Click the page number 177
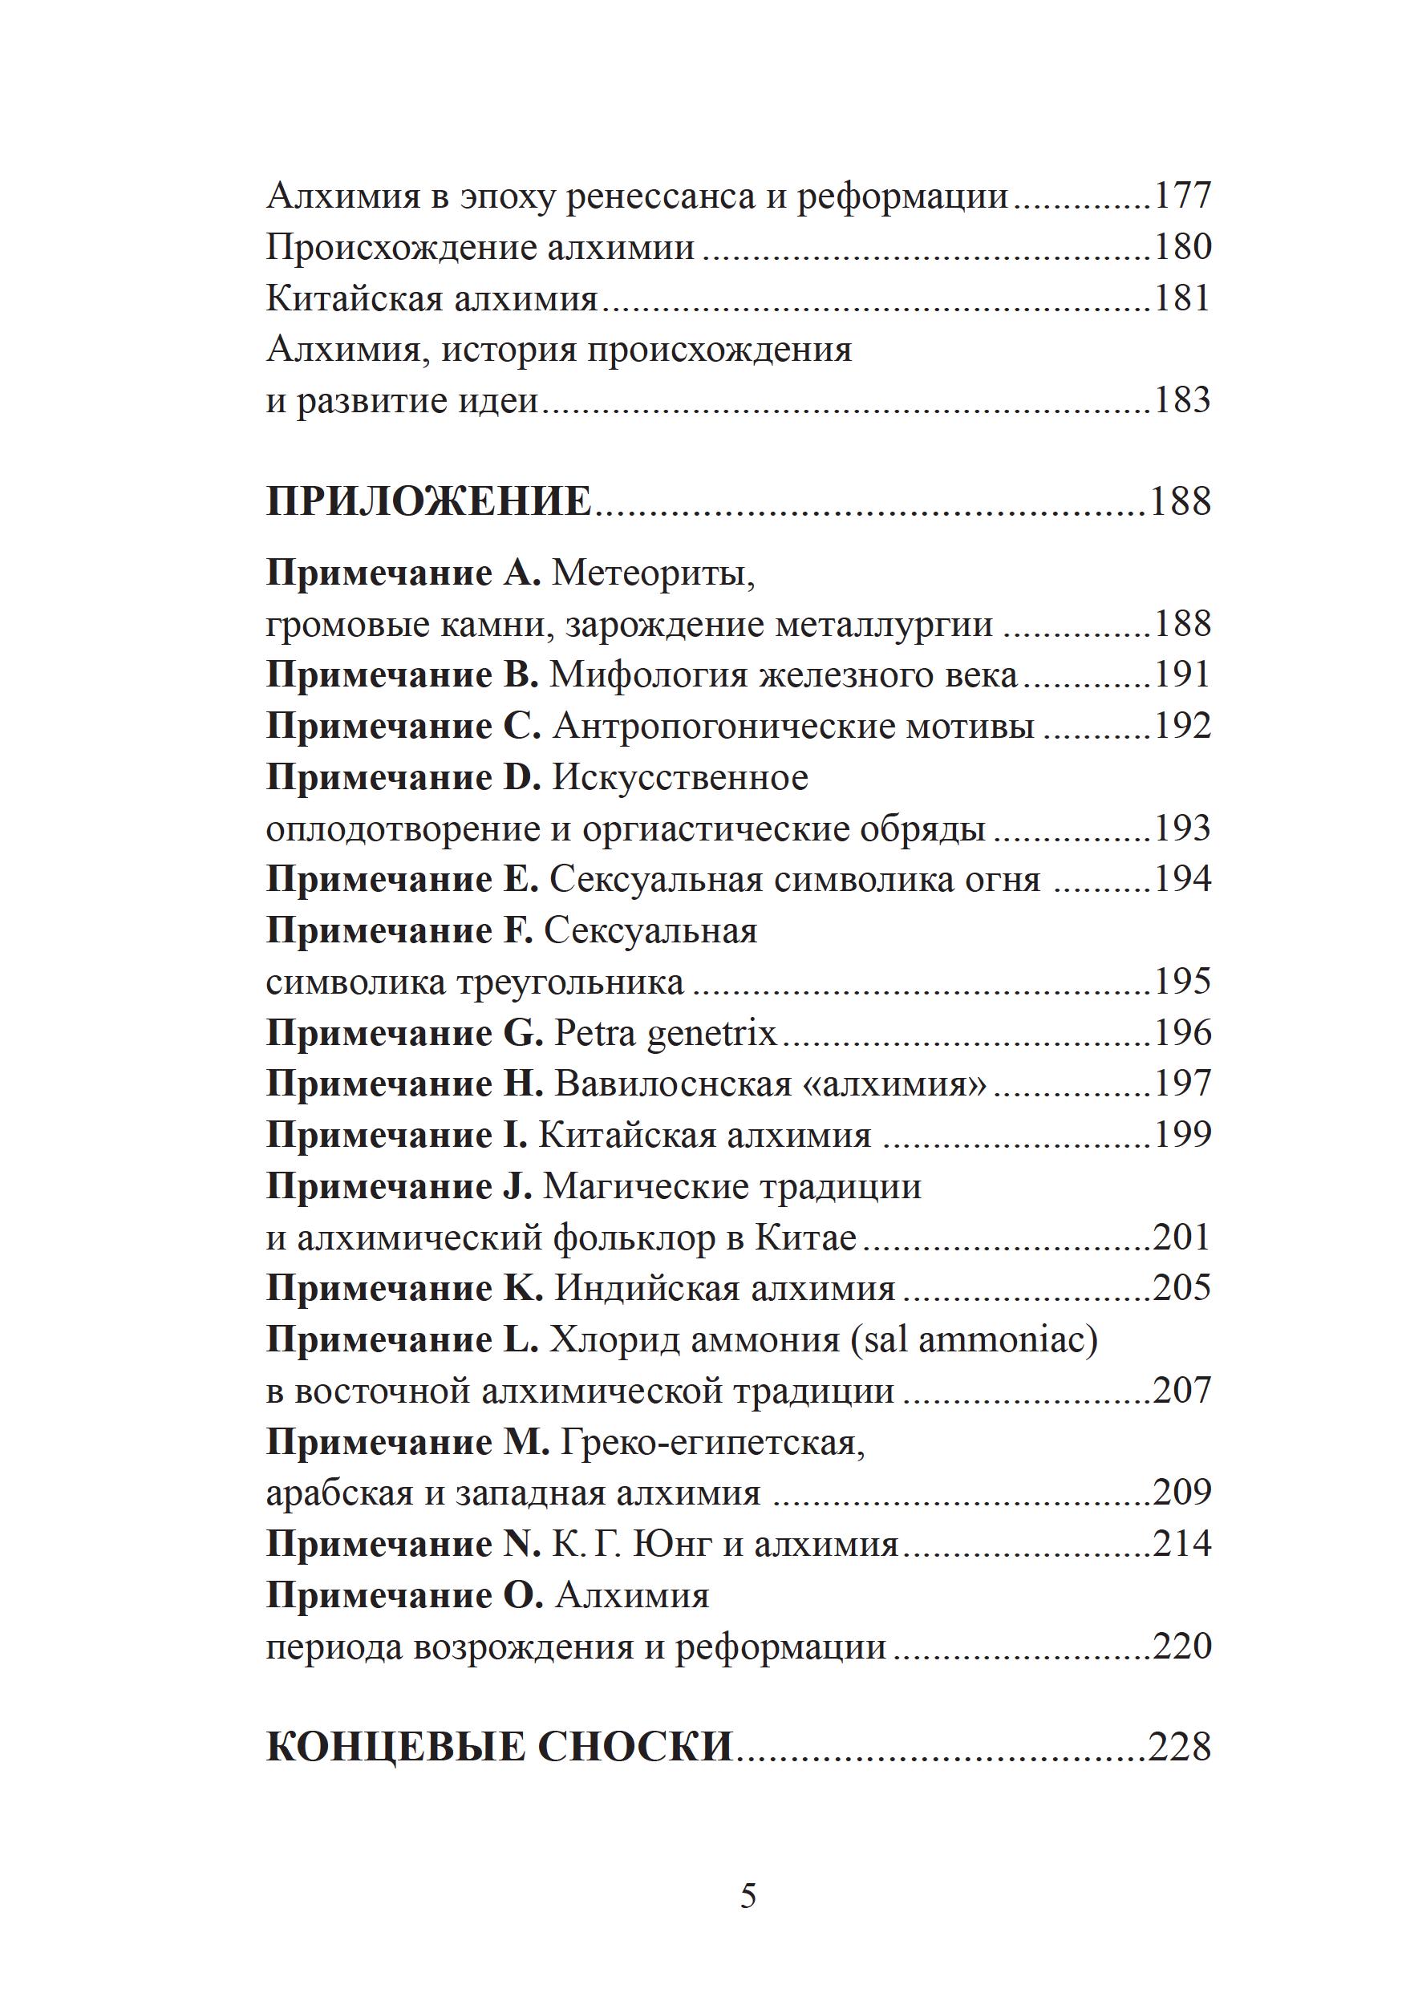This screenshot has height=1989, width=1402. click(1182, 196)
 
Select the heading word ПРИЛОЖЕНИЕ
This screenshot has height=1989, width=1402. click(429, 501)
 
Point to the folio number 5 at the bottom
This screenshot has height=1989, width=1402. click(748, 1898)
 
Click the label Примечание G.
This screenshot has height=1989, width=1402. click(403, 1033)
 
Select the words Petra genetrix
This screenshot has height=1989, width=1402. click(666, 1033)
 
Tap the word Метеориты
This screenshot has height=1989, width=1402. click(654, 573)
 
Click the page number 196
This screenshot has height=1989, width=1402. click(1182, 1033)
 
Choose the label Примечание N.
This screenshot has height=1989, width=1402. click(403, 1544)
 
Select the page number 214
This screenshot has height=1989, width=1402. click(1182, 1544)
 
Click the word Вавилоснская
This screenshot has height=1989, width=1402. click(673, 1084)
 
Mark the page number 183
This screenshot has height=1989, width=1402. click(1182, 400)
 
